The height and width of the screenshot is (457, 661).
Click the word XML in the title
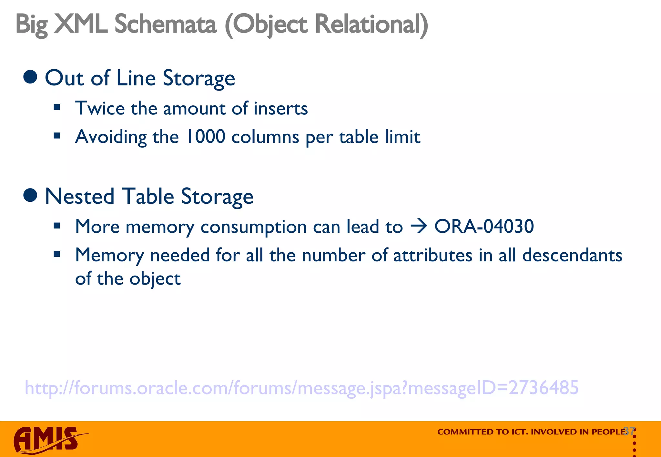click(x=81, y=24)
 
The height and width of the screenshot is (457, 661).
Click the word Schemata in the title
click(x=165, y=24)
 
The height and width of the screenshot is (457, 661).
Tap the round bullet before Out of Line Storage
click(x=30, y=77)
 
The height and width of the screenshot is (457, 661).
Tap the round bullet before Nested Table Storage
click(x=30, y=196)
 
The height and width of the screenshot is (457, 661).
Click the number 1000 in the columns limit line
click(x=206, y=137)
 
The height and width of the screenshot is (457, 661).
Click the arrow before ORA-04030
click(x=419, y=227)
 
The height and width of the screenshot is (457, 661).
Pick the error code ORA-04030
click(x=484, y=226)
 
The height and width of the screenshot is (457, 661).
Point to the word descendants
click(x=572, y=255)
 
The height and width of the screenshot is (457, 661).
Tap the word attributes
click(x=433, y=255)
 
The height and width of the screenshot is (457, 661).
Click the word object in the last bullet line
click(x=155, y=279)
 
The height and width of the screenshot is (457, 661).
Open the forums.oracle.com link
click(x=301, y=387)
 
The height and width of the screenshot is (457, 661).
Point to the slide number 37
click(x=629, y=431)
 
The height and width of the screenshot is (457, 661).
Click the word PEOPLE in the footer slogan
click(x=608, y=432)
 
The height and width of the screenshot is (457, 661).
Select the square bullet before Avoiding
click(x=57, y=136)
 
